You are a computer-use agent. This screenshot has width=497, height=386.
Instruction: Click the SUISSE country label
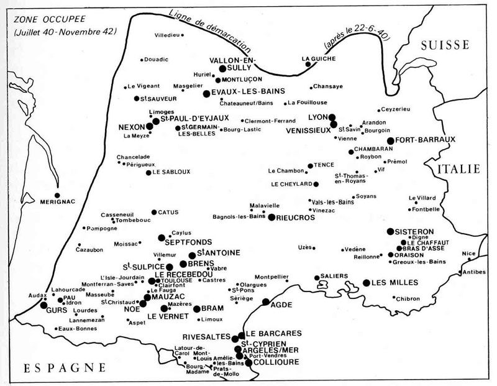pos(444,44)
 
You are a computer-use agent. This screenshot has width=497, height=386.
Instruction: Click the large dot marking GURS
pos(43,305)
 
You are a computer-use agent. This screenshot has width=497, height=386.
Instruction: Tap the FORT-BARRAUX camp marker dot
pos(391,140)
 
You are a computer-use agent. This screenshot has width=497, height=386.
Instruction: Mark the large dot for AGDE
pos(266,302)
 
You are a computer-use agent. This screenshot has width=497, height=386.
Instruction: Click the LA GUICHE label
pos(314,58)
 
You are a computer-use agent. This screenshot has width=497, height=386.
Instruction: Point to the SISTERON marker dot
pos(390,231)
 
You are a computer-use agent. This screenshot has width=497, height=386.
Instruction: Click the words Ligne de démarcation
pos(211,31)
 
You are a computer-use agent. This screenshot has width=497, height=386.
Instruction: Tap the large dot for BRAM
pos(197,308)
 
